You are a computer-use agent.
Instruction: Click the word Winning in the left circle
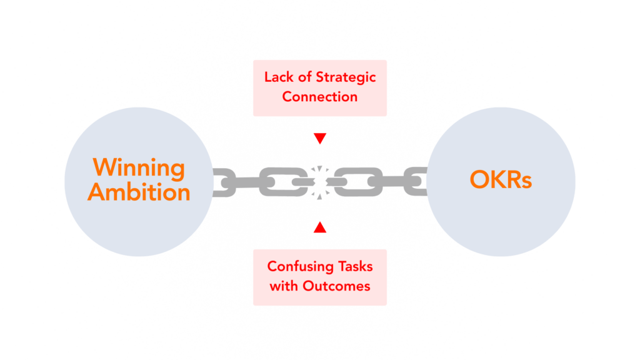(x=139, y=169)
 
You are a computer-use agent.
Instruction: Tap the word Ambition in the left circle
(x=139, y=192)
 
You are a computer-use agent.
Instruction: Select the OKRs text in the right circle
(x=501, y=179)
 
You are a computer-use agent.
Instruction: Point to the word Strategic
(x=346, y=77)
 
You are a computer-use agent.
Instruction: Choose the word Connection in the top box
(x=319, y=97)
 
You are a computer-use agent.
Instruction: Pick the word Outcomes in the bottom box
(x=336, y=286)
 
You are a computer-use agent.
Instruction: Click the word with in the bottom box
(x=284, y=286)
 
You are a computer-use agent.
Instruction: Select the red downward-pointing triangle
(x=320, y=138)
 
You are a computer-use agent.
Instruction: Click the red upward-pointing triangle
(x=320, y=227)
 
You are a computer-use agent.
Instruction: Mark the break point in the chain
(x=320, y=182)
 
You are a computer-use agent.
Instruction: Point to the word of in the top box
(x=305, y=77)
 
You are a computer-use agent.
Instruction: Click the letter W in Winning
(x=105, y=167)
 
